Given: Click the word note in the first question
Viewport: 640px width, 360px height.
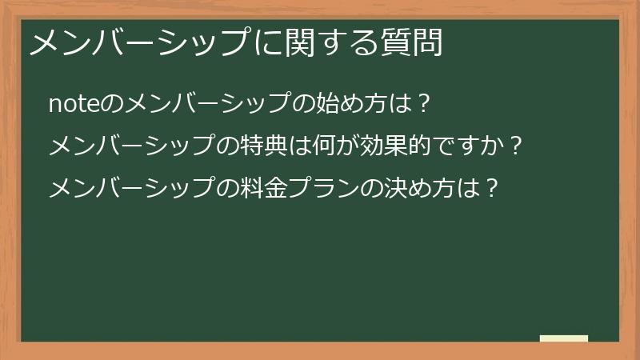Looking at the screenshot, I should point(72,104).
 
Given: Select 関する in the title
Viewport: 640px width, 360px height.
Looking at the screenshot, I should point(328,43).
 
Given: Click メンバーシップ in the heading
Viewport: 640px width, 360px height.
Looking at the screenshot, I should point(140,43).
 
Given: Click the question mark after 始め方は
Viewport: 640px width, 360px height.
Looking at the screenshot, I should point(423,104).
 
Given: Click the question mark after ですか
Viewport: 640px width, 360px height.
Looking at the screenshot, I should point(516,146).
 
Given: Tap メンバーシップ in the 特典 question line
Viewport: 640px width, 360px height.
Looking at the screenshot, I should point(131,146).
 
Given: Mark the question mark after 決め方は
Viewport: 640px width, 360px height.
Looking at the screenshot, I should point(492,189).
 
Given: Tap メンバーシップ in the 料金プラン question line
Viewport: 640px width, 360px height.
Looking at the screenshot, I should point(131,189).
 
